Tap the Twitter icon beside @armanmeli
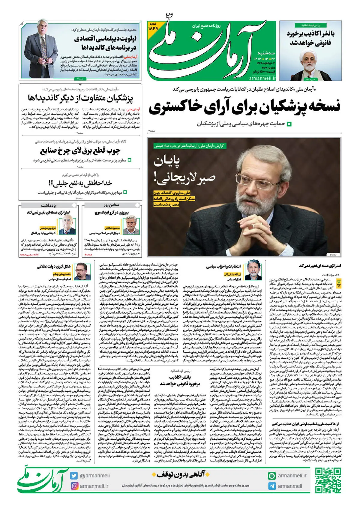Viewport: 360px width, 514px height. pyautogui.click(x=74, y=476)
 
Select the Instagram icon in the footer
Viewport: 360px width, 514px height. pyautogui.click(x=74, y=486)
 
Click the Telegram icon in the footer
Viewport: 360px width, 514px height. pyautogui.click(x=272, y=486)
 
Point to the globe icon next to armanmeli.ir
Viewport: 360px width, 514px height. pyautogui.click(x=272, y=476)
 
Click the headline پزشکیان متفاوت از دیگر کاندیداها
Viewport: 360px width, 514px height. pyautogui.click(x=80, y=98)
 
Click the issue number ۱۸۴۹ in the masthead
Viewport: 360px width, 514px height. pyautogui.click(x=153, y=28)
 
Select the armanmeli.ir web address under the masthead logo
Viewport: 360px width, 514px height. pyautogui.click(x=262, y=78)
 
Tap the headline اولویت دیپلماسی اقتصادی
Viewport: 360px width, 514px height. pyautogui.click(x=105, y=43)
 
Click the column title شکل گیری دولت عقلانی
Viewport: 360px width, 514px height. pyautogui.click(x=54, y=266)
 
